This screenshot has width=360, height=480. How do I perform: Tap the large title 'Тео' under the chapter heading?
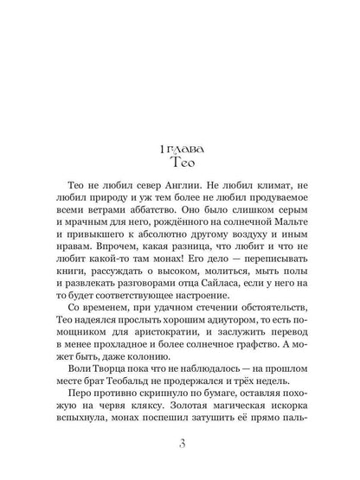[180, 161]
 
